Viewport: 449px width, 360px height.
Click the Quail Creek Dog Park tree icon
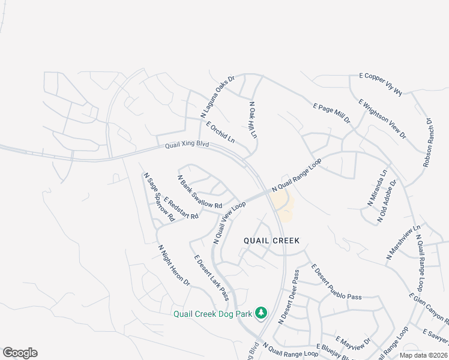click(x=261, y=313)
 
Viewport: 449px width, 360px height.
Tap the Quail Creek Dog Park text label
click(x=212, y=313)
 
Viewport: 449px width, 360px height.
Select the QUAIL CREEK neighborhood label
click(x=271, y=240)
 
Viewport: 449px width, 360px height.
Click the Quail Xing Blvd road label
click(x=187, y=146)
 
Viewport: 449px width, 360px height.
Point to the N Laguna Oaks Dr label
click(x=217, y=96)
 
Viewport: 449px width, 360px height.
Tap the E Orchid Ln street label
click(x=220, y=133)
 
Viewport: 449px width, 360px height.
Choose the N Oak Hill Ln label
click(x=253, y=120)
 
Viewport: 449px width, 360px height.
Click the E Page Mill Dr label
click(x=332, y=113)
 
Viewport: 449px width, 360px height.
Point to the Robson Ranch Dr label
click(x=428, y=142)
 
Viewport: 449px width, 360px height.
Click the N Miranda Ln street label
click(x=378, y=188)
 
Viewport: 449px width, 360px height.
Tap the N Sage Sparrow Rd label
click(x=158, y=196)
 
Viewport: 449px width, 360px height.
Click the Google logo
click(x=20, y=353)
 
